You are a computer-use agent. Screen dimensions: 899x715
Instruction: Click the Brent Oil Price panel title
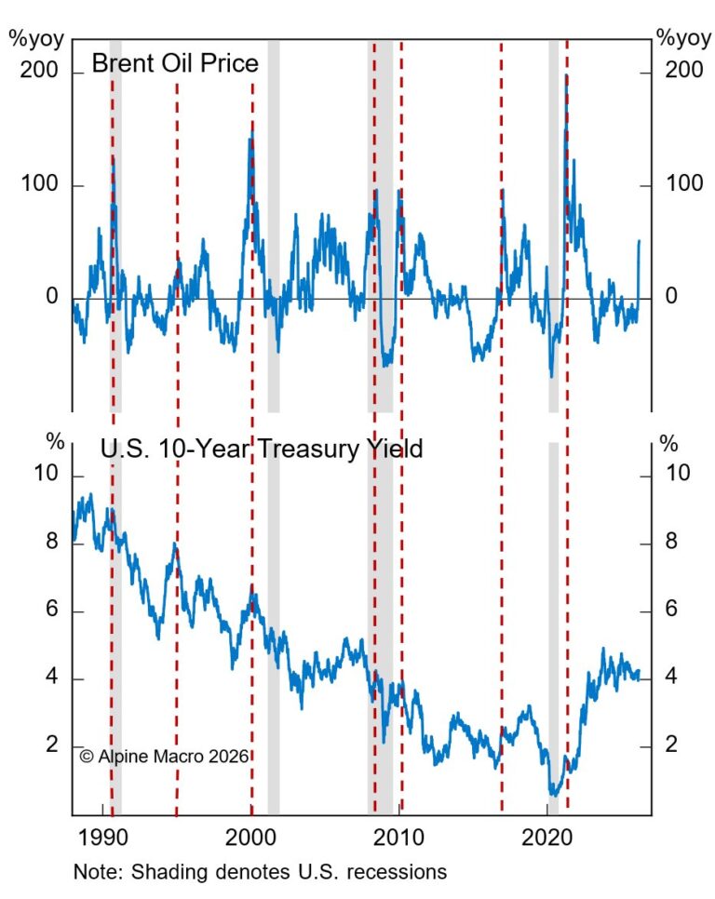point(174,64)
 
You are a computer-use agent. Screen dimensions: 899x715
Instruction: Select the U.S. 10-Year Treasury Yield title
point(262,449)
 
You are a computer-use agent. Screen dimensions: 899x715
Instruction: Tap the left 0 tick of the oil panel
point(53,297)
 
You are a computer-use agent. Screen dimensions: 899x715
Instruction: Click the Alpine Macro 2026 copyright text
point(165,757)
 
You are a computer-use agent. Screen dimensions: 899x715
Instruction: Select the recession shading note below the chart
point(261,873)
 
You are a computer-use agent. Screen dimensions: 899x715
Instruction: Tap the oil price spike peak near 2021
point(566,76)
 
